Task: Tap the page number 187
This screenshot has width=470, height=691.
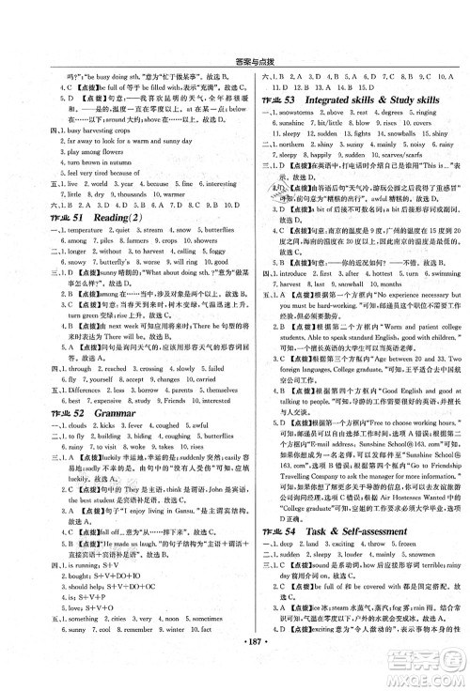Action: pyautogui.click(x=234, y=675)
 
